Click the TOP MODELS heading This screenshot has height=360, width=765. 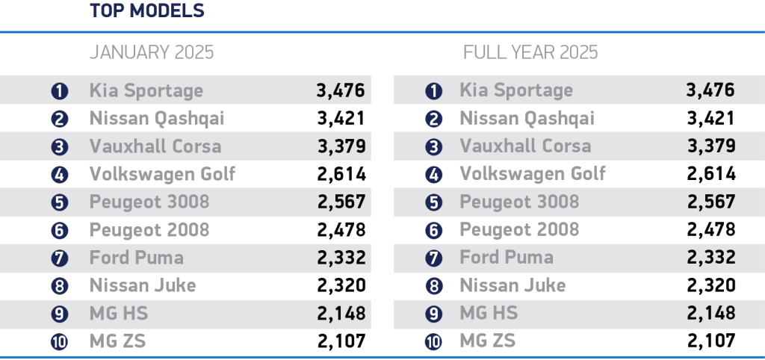147,11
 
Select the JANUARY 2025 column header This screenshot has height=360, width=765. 152,52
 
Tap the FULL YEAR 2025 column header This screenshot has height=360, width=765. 530,52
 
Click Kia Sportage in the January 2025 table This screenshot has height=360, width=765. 146,91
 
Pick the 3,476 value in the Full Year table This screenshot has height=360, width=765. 710,91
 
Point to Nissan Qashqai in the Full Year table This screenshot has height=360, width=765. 527,119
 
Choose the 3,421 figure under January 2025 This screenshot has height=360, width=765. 341,119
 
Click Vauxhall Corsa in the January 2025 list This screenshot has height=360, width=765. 155,146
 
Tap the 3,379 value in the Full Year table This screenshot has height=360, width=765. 710,146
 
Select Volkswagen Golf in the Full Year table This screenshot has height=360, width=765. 532,174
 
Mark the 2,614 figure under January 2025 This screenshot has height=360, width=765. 341,174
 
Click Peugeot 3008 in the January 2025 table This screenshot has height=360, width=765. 149,202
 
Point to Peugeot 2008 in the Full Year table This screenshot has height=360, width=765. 519,229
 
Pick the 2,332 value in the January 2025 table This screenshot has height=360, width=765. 341,258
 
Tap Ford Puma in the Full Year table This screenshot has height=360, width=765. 507,258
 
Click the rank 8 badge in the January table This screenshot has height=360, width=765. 60,286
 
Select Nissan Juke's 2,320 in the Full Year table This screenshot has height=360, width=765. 710,285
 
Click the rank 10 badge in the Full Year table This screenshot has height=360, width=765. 433,342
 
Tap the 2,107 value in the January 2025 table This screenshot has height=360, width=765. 341,341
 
